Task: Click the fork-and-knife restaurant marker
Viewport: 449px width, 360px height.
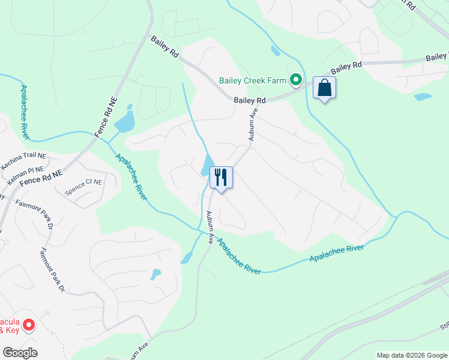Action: [x=221, y=178]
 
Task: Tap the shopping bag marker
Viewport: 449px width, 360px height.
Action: [x=324, y=88]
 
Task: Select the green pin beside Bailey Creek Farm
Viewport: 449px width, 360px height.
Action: [x=296, y=80]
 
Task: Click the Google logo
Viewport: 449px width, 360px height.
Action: [x=20, y=353]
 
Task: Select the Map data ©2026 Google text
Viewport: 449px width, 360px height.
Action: [x=412, y=355]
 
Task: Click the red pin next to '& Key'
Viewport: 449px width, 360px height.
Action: [x=29, y=325]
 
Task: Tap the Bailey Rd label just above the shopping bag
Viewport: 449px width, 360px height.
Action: [x=346, y=67]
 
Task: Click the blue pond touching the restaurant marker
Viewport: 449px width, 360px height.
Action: [x=207, y=166]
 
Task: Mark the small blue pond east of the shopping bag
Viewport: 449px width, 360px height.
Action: [x=423, y=97]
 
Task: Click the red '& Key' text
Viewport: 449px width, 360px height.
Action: [x=8, y=330]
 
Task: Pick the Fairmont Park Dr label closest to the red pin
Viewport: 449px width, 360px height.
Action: [x=52, y=270]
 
